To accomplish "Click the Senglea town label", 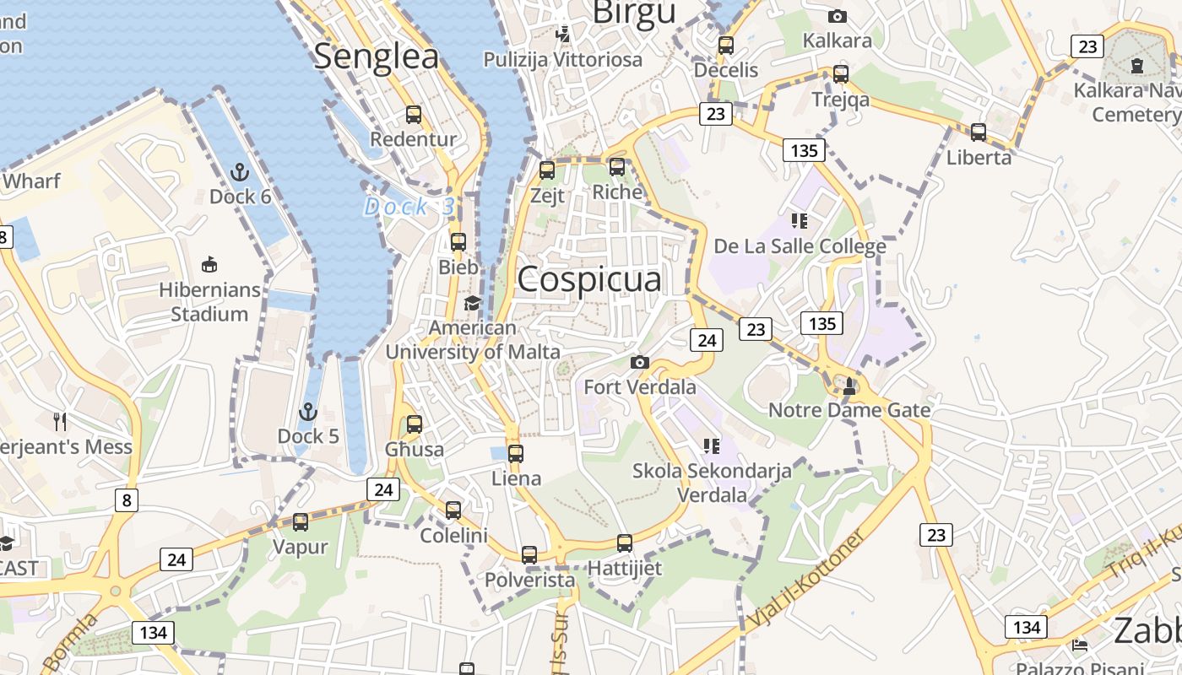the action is point(377,57).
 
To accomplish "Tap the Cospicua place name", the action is point(589,279).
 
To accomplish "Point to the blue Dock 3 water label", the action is point(409,207).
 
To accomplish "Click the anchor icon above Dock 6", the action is point(240,173).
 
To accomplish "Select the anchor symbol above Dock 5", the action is point(308,413).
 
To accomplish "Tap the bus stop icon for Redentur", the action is point(414,115).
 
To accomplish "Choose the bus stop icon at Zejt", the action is point(547,170).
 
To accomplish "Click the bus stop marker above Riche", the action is point(617,167).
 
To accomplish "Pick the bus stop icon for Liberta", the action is point(979,132).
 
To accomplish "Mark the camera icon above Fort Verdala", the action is point(640,363).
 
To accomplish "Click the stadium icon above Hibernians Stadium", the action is point(209,265).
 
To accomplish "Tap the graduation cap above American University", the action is point(472,303).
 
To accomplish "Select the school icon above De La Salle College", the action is point(799,222).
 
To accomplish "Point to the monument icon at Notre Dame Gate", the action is point(849,386).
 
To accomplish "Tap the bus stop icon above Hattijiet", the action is point(625,543).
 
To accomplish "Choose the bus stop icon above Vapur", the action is point(301,522).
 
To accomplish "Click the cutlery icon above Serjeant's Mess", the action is point(60,421).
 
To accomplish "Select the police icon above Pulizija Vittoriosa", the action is point(563,35).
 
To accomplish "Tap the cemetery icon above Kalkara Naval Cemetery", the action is point(1136,65).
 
